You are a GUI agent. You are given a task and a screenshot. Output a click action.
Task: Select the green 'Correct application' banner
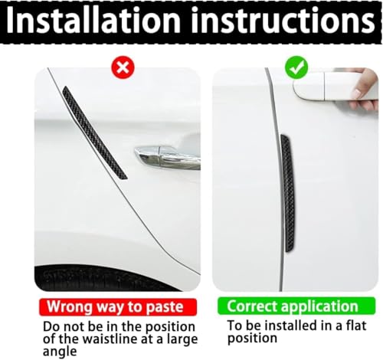click(x=292, y=307)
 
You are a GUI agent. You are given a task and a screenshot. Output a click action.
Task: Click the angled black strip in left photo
click(x=93, y=133)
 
